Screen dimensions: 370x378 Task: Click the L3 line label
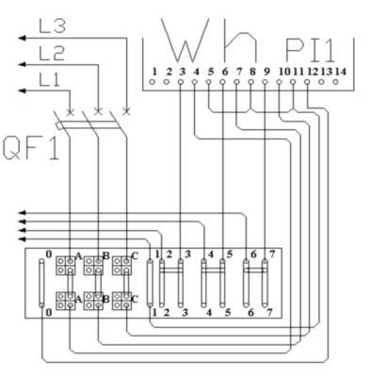(53, 26)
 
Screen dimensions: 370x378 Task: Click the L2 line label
(52, 54)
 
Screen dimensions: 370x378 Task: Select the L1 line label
(49, 79)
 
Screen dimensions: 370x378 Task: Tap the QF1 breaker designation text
(31, 148)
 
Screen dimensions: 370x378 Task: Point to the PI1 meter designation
(311, 50)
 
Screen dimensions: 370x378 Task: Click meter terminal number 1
(154, 72)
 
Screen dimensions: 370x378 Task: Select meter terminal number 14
(341, 72)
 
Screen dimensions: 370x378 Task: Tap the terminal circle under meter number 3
(180, 82)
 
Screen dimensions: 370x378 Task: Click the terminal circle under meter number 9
(265, 82)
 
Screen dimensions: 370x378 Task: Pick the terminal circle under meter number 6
(222, 82)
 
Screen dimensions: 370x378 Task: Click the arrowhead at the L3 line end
(22, 39)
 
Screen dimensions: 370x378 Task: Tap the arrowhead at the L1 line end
(22, 91)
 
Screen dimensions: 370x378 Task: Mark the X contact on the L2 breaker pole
(98, 111)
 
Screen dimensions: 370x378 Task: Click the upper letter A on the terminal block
(79, 256)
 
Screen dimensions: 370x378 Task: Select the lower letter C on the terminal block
(135, 299)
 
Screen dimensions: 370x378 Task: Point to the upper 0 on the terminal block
(49, 255)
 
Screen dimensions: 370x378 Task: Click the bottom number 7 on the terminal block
(269, 313)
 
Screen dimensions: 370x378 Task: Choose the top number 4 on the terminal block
(211, 254)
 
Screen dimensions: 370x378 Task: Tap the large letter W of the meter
(185, 41)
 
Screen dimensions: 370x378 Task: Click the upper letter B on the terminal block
(106, 256)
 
